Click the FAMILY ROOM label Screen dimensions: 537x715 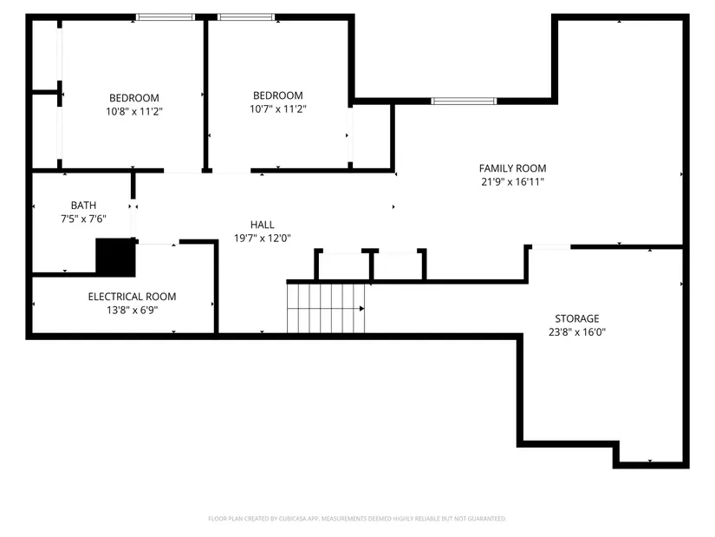pos(513,167)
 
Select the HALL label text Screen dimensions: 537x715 pos(262,224)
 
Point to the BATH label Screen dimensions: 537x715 pos(83,206)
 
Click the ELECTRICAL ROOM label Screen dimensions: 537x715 pos(132,296)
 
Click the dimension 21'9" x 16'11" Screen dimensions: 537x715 pos(513,181)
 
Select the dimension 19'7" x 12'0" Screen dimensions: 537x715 pos(262,238)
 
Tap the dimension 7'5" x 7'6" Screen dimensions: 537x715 pos(83,219)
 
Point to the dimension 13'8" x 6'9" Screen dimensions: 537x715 pos(132,309)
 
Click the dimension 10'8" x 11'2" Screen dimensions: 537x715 pos(133,111)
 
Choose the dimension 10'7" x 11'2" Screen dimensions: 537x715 pos(277,109)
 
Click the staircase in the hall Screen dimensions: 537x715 pos(326,307)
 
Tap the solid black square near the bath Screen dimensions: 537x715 pos(115,257)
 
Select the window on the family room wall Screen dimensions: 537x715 pos(465,102)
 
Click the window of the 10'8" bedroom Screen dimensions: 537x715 pos(166,16)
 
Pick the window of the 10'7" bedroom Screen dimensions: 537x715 pos(246,16)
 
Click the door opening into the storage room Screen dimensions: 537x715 pos(550,247)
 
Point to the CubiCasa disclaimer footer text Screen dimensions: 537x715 pos(357,519)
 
